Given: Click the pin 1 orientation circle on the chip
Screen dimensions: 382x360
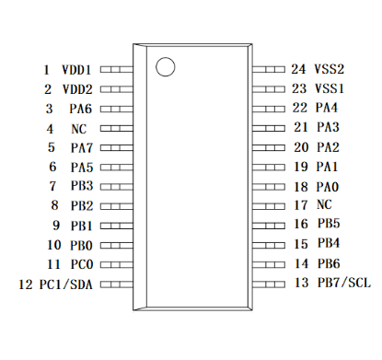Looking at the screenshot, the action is [166, 66].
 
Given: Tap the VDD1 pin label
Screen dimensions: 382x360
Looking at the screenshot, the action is [76, 70].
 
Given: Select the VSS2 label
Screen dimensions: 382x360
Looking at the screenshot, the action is [330, 69].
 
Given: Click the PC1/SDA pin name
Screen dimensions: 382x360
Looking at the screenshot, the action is [66, 285].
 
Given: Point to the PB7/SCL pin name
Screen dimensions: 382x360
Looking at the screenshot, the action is [344, 283].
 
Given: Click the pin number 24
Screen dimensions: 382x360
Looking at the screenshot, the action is [298, 69].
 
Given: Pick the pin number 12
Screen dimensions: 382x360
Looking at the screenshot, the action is [26, 285].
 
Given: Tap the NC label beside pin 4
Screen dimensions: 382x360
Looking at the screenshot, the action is [79, 129].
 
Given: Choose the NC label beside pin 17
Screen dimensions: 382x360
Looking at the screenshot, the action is [324, 204].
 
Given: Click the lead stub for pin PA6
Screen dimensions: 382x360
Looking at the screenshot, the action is [117, 109].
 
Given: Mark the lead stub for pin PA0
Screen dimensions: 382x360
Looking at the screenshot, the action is [269, 187].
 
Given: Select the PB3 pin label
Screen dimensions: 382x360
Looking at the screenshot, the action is [82, 186].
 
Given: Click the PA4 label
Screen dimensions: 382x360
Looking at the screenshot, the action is [327, 108].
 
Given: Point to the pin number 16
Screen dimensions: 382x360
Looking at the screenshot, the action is [301, 224].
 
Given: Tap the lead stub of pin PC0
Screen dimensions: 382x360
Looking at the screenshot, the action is [117, 264].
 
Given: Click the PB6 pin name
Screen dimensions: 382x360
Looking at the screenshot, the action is [329, 263].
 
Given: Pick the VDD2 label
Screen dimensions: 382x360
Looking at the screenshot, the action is [77, 89].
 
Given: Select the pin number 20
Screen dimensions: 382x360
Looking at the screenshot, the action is [301, 147].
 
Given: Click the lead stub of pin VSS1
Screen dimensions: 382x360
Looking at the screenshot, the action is [269, 89].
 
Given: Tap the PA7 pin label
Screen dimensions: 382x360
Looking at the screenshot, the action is [82, 148].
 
